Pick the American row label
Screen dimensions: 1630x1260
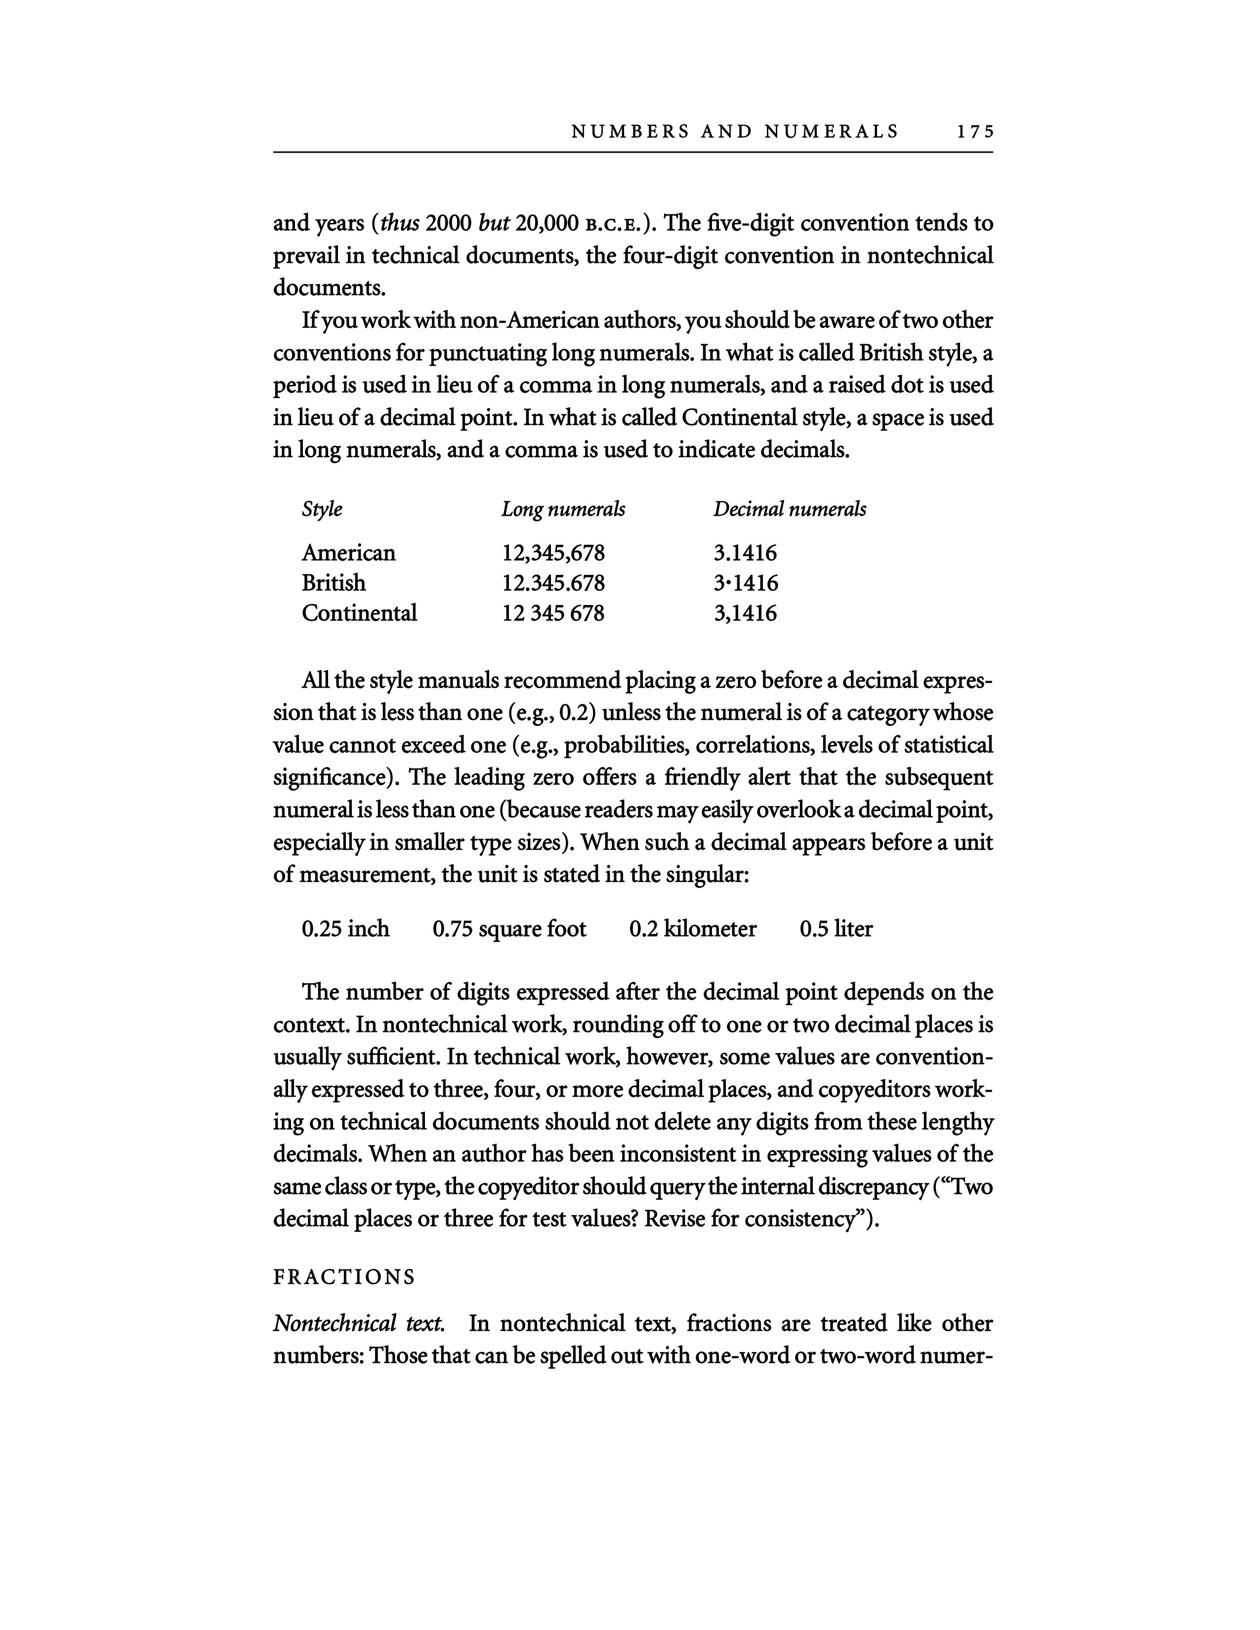(x=348, y=553)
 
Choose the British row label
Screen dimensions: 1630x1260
(x=334, y=583)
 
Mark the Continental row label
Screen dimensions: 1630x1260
(x=359, y=613)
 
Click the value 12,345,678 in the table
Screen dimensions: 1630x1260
(x=553, y=554)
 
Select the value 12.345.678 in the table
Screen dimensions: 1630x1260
(x=553, y=583)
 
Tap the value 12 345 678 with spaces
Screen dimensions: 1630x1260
(x=553, y=613)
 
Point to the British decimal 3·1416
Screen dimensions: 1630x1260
(x=745, y=583)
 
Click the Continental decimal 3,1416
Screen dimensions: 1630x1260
(x=745, y=613)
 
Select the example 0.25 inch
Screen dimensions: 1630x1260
(x=345, y=929)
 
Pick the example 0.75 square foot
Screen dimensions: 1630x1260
(x=509, y=929)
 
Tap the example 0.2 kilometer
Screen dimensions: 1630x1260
(x=693, y=929)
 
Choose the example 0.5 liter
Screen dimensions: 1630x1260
(x=836, y=929)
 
